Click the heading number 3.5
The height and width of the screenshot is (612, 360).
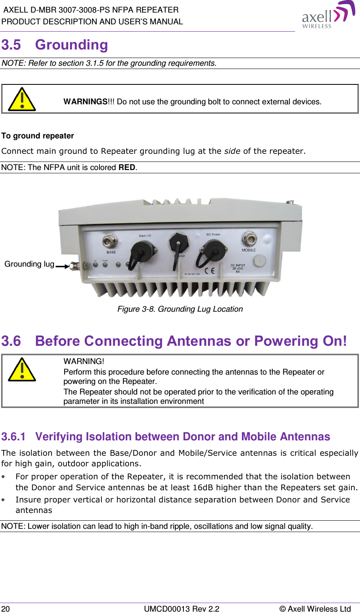click(11, 45)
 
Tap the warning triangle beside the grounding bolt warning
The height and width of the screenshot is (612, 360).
click(22, 99)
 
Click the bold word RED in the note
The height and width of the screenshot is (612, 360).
click(127, 168)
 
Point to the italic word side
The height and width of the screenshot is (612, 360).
click(232, 151)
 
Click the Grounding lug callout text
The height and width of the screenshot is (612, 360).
click(29, 264)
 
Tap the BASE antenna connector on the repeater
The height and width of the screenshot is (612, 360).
click(110, 241)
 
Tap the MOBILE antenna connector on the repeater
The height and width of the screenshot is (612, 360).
click(248, 238)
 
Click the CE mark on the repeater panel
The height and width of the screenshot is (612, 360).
click(209, 271)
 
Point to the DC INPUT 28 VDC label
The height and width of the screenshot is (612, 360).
click(238, 268)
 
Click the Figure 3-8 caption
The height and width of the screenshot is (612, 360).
click(180, 309)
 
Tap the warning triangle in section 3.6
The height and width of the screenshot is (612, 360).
click(22, 370)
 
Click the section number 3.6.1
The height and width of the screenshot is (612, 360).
click(13, 437)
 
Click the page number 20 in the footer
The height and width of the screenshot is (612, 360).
click(6, 608)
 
